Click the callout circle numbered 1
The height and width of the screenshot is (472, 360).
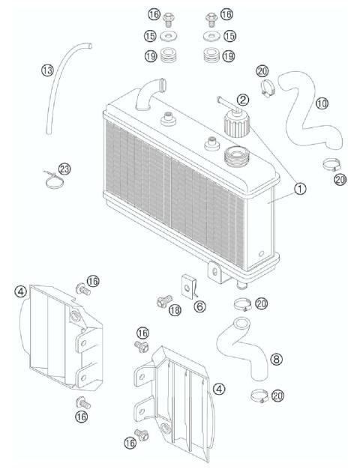[x=299, y=190]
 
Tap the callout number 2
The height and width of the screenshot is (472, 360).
[x=243, y=99]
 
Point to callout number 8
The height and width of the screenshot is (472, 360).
[x=276, y=360]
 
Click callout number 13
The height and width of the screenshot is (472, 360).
[x=47, y=70]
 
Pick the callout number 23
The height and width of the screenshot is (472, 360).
[x=65, y=169]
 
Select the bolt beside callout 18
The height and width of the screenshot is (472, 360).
[x=160, y=301]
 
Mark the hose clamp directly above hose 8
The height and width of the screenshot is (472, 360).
[x=241, y=304]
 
